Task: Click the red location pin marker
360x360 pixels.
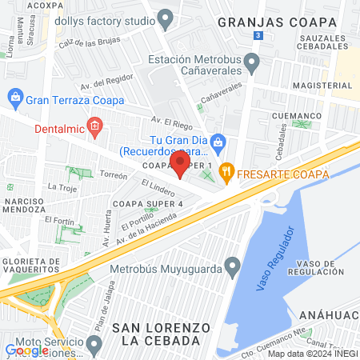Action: [180, 164]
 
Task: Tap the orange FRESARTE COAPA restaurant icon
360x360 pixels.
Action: [226, 170]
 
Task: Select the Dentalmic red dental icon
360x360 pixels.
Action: [94, 125]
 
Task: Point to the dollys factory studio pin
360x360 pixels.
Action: [166, 17]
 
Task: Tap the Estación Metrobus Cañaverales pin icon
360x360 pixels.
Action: [251, 61]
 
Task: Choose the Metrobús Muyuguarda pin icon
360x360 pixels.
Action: [232, 265]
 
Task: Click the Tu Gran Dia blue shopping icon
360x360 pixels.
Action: [220, 145]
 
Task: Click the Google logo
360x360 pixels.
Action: [26, 350]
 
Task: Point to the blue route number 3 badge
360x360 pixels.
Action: [257, 36]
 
